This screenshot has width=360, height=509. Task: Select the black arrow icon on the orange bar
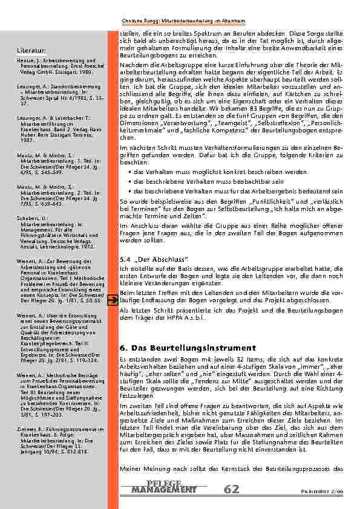coord(112,299)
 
